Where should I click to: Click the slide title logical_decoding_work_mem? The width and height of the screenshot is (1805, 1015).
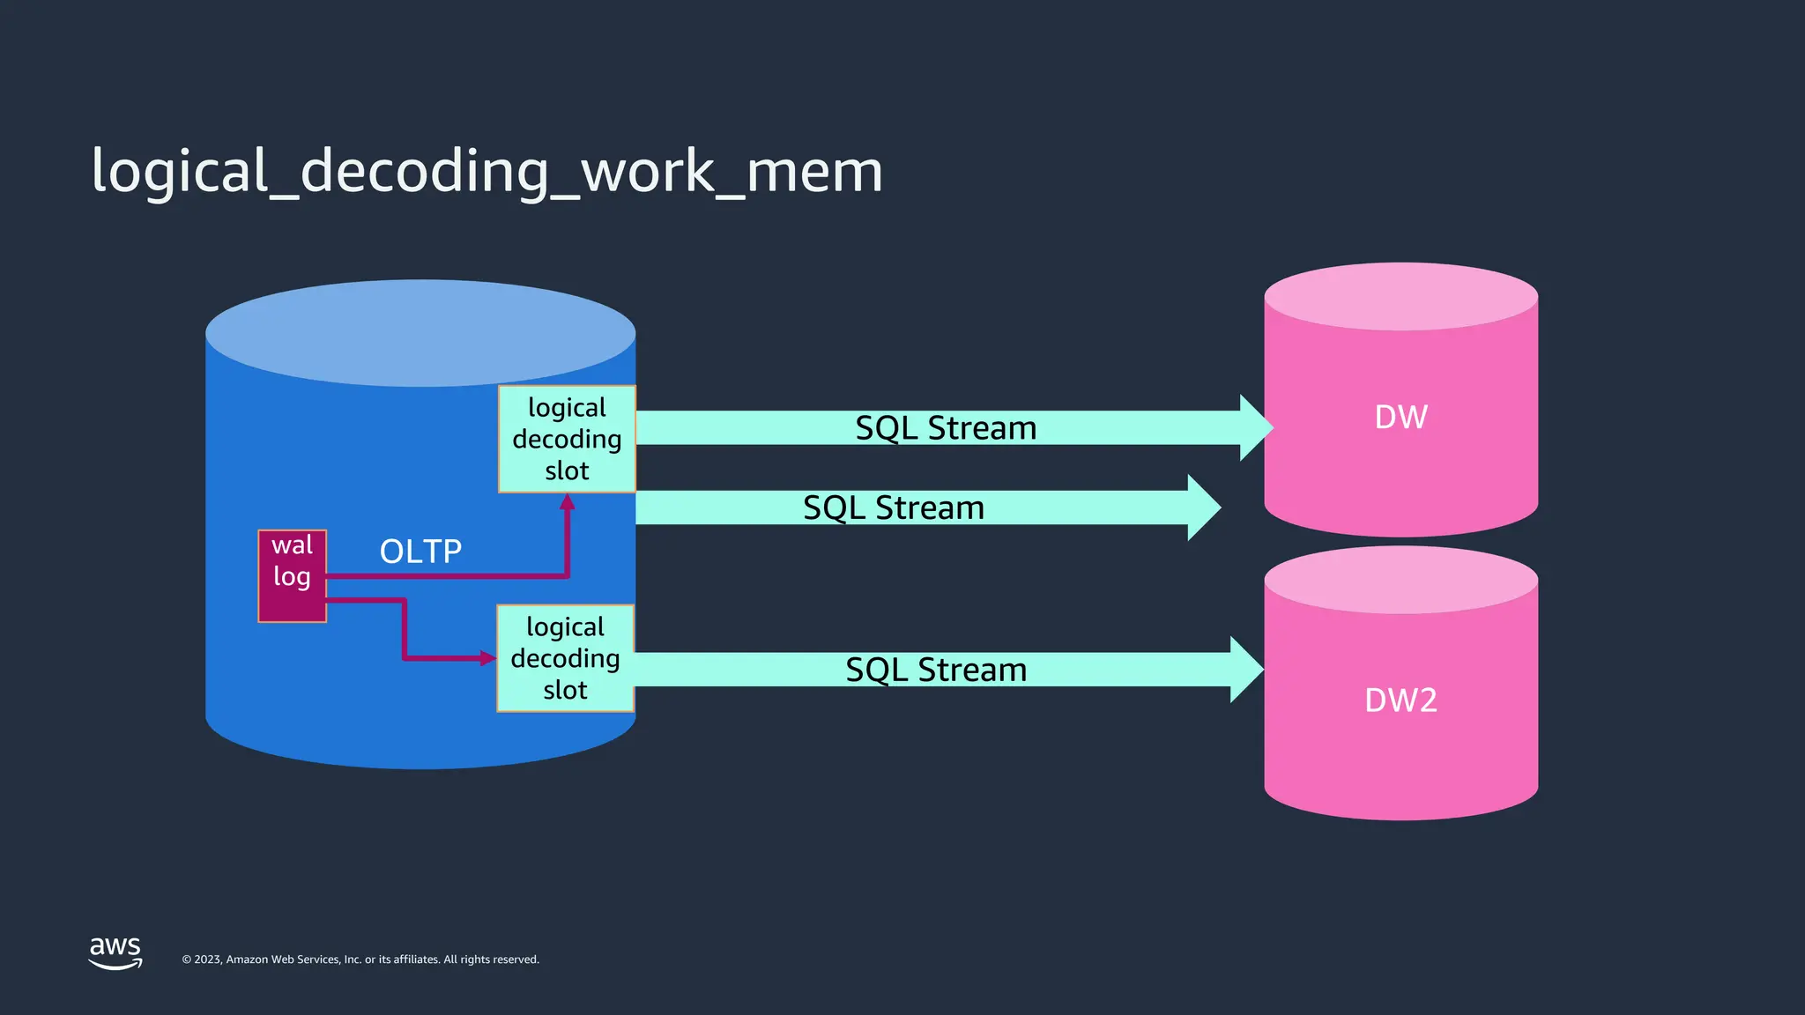487,171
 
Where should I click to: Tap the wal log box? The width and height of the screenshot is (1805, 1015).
292,575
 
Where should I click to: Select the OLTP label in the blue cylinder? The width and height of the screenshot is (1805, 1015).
420,552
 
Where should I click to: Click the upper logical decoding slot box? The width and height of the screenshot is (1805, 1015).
567,439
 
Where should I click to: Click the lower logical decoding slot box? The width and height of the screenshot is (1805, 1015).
565,658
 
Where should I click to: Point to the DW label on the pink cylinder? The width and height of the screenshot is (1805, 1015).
1400,417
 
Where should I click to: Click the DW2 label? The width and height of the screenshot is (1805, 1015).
1400,700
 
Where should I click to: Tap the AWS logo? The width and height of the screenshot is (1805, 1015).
115,952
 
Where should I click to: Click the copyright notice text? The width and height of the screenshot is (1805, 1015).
360,959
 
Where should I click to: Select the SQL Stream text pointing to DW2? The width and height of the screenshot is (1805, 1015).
936,670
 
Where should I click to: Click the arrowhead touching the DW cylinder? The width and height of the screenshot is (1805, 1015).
1255,428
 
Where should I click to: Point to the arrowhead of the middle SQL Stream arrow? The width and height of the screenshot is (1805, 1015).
1203,507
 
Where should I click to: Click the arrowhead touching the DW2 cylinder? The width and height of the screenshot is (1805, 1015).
1245,670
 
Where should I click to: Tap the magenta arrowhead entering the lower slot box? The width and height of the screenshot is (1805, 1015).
487,658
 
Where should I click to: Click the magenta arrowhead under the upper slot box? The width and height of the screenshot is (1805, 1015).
568,502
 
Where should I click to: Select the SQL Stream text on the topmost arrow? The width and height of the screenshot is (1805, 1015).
946,428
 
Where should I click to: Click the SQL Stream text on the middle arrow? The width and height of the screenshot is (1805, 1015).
893,508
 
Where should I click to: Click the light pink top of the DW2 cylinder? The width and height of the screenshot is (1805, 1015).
1400,581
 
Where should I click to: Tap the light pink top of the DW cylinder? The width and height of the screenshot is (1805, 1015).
1400,297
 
